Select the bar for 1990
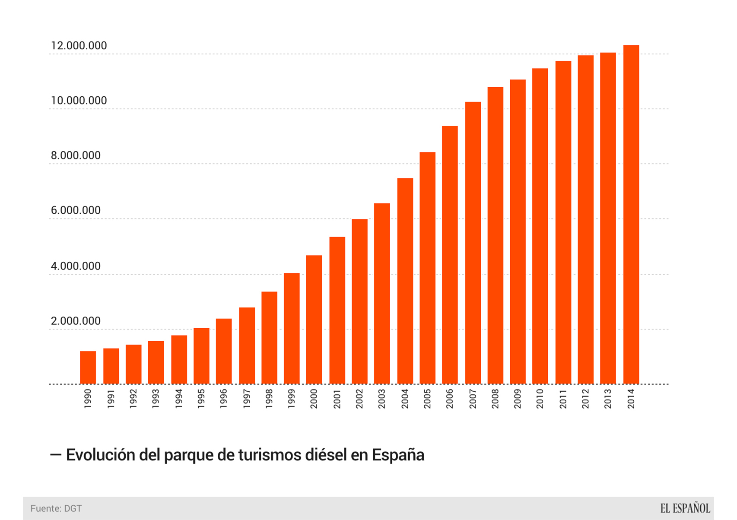88,368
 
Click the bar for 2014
631,215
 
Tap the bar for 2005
427,268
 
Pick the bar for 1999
292,328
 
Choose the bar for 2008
495,235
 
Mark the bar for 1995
201,356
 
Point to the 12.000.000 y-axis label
79,46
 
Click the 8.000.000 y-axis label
76,155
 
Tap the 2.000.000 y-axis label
76,321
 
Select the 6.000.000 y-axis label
76,210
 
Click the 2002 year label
359,399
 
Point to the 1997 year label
247,399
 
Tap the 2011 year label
563,399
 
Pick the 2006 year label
450,399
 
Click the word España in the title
398,455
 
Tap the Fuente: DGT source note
56,509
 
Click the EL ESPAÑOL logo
685,509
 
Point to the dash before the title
56,455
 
